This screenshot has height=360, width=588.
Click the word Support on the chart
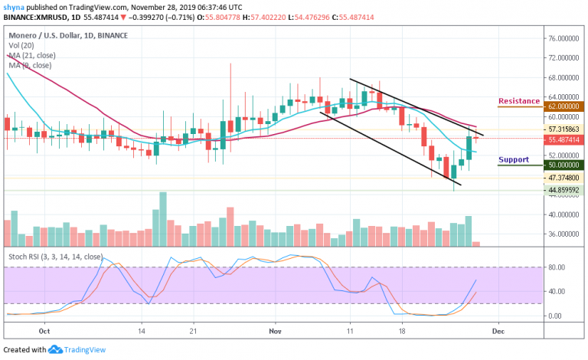(x=514, y=160)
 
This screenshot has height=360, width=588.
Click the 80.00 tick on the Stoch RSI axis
(x=557, y=267)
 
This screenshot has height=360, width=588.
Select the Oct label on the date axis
(x=44, y=332)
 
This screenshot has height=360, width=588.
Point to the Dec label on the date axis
(x=497, y=332)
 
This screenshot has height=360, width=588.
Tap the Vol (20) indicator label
(x=21, y=44)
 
